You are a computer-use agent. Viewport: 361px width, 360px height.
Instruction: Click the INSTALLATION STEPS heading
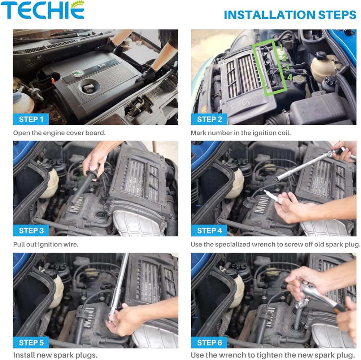[290, 15]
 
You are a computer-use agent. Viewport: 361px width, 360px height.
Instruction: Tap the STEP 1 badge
[31, 119]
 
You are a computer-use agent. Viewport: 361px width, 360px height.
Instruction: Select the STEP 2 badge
[209, 119]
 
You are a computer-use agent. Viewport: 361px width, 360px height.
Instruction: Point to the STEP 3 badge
[31, 231]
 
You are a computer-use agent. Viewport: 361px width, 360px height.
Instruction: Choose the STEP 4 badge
[209, 231]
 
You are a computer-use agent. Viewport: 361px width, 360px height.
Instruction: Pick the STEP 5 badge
[31, 343]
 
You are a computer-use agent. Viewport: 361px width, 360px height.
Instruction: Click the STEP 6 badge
[209, 343]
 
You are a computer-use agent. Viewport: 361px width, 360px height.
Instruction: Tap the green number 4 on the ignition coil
[290, 77]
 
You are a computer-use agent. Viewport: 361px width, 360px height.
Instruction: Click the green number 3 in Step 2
[287, 67]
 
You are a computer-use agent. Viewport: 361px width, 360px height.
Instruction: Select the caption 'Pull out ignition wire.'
[46, 244]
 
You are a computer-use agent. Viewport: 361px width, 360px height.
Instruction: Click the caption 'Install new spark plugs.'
[55, 355]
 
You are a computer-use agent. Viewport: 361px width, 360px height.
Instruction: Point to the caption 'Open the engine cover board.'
[60, 133]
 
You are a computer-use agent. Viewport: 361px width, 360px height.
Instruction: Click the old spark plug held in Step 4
[272, 196]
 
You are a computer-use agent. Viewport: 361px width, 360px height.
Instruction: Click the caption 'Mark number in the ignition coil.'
[241, 133]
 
